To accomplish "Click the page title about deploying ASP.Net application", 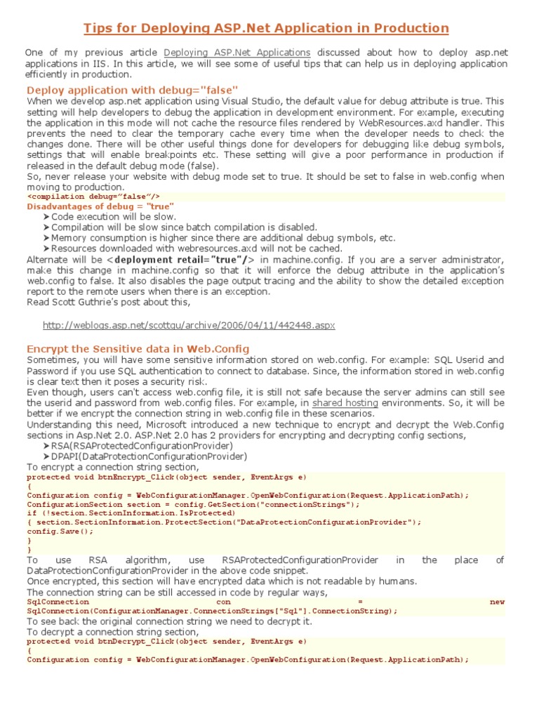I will [x=266, y=28].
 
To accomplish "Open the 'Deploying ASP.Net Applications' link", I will [x=237, y=53].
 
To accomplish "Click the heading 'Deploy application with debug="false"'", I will [x=132, y=90].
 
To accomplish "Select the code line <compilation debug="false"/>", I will [x=93, y=197].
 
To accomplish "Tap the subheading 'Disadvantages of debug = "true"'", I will [x=100, y=207].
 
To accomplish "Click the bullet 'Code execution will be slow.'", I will [x=114, y=217].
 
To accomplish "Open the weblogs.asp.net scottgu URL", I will [x=189, y=326].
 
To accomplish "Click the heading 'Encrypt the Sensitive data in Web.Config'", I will [x=138, y=349].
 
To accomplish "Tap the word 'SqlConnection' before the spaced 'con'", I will [x=58, y=602].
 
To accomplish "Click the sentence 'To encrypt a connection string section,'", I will [x=113, y=467].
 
